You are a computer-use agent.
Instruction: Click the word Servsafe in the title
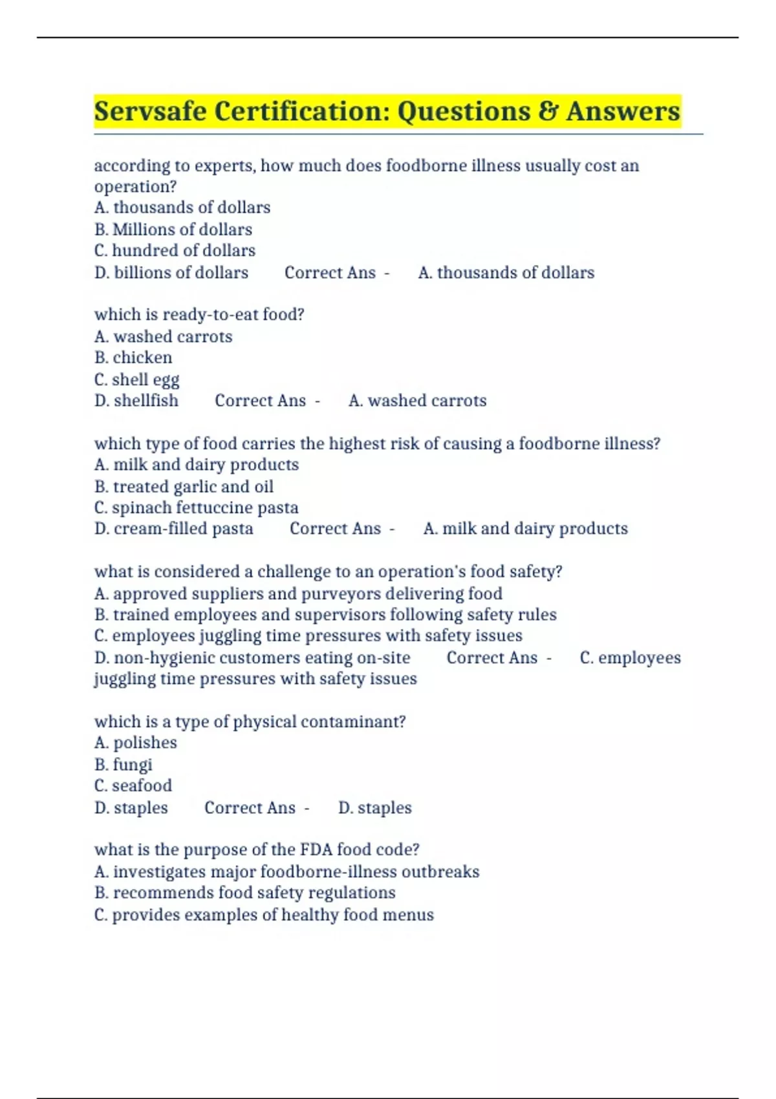pos(151,111)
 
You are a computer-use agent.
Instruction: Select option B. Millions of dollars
pos(173,229)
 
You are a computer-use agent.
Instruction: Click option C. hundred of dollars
pos(175,251)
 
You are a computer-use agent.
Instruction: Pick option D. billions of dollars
pos(171,273)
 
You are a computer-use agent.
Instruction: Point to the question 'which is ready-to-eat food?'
pos(199,315)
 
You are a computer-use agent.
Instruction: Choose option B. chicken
pos(133,357)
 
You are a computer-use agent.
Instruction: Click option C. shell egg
pos(136,379)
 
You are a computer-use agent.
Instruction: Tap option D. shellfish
pos(136,401)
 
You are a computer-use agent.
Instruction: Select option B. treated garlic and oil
pos(184,486)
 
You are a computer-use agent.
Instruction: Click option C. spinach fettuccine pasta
pos(196,507)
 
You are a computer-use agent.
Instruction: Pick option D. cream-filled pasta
pos(174,529)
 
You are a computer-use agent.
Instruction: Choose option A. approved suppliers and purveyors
pos(298,593)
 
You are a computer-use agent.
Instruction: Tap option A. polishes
pos(136,743)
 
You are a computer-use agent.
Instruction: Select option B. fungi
pos(124,765)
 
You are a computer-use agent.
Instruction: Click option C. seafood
pos(133,786)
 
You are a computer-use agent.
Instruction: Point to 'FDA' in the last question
pos(316,849)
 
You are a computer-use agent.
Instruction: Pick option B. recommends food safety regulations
pos(245,893)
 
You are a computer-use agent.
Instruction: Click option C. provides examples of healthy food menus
pos(264,915)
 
